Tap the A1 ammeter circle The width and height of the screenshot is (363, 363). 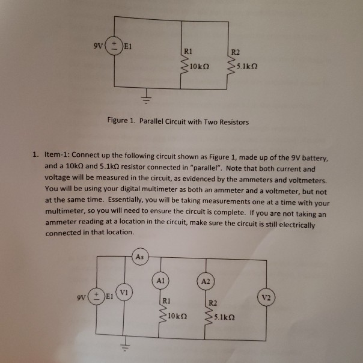tap(160, 280)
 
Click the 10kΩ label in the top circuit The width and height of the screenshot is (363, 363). tap(198, 66)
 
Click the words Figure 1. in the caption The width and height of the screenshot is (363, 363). tap(121, 121)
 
